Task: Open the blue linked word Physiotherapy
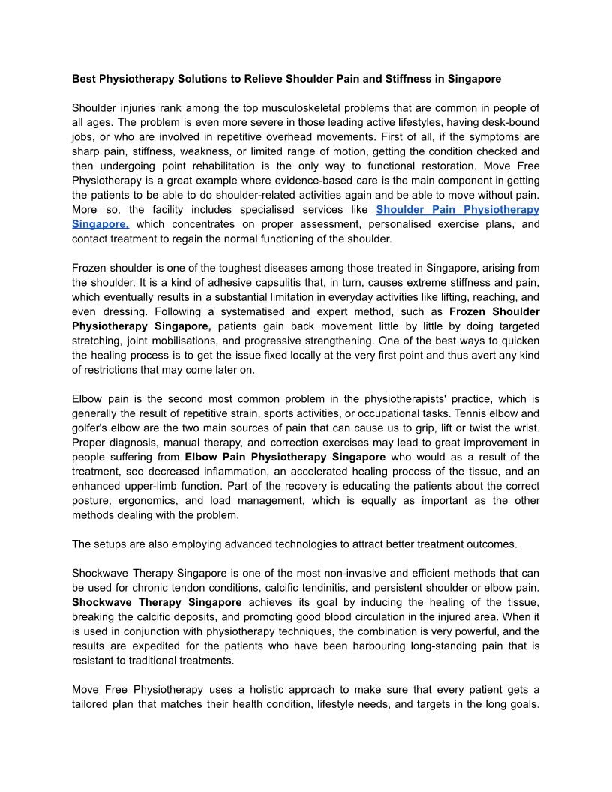coord(501,209)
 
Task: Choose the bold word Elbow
coord(200,457)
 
